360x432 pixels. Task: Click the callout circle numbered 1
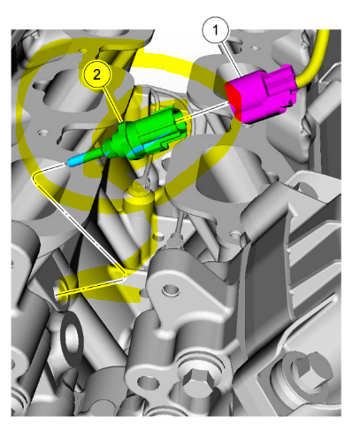tap(216, 30)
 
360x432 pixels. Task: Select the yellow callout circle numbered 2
tap(96, 75)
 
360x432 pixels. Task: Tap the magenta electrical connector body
tap(261, 94)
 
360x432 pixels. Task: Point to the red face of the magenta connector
tap(234, 101)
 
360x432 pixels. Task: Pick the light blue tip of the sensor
tap(76, 160)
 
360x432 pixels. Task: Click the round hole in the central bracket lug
tap(171, 289)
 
